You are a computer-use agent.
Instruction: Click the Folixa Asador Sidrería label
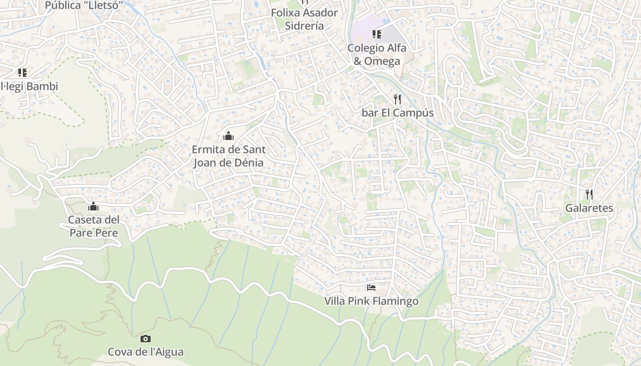(304, 19)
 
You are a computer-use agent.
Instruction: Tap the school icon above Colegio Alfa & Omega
(377, 34)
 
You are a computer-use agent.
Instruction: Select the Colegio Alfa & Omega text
(377, 54)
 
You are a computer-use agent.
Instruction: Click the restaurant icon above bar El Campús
(397, 99)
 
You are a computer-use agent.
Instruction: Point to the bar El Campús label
(397, 113)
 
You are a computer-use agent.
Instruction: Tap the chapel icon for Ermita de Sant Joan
(228, 136)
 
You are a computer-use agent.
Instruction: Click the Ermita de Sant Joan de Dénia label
(228, 156)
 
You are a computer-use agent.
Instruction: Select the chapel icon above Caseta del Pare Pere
(93, 206)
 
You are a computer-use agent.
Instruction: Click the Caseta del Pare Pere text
(94, 226)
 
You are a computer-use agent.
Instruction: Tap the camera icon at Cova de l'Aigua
(145, 339)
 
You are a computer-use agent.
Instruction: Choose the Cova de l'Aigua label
(146, 352)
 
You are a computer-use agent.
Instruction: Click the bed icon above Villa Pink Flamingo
(371, 288)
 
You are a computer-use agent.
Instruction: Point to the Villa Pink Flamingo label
(371, 301)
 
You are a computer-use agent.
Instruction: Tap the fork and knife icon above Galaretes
(589, 194)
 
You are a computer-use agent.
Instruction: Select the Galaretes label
(589, 208)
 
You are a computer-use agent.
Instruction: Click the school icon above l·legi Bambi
(22, 72)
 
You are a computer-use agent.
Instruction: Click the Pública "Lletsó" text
(84, 5)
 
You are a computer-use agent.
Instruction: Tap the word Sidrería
(304, 26)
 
